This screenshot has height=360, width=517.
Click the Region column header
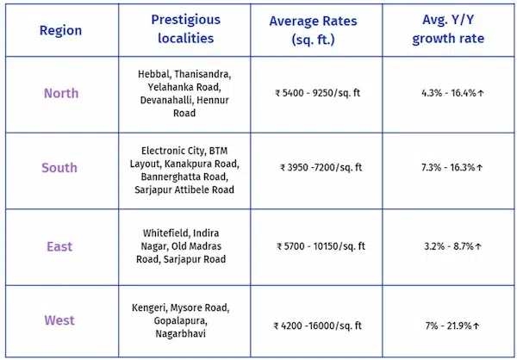(60, 31)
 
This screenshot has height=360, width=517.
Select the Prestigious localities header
(185, 29)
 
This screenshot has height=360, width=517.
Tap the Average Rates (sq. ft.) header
(314, 30)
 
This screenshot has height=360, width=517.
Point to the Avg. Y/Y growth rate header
(448, 29)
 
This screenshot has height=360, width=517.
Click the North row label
(61, 93)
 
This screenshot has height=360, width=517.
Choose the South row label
(59, 168)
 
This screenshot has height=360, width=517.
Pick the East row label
(59, 246)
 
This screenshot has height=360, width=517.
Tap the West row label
(59, 320)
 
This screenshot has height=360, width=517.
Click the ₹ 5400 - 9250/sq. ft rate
(318, 93)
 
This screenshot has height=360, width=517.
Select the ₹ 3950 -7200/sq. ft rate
(321, 168)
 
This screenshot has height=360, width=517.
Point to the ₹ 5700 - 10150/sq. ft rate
(321, 246)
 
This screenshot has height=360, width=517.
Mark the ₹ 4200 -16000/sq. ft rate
(318, 326)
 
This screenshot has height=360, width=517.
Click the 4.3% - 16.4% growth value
(449, 93)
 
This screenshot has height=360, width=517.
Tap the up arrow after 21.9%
(476, 326)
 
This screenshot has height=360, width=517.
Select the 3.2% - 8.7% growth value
(449, 246)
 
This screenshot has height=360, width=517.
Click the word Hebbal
(154, 74)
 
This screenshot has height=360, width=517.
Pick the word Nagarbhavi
(181, 333)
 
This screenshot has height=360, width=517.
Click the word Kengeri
(149, 308)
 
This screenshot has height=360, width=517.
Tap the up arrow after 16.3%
(480, 168)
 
